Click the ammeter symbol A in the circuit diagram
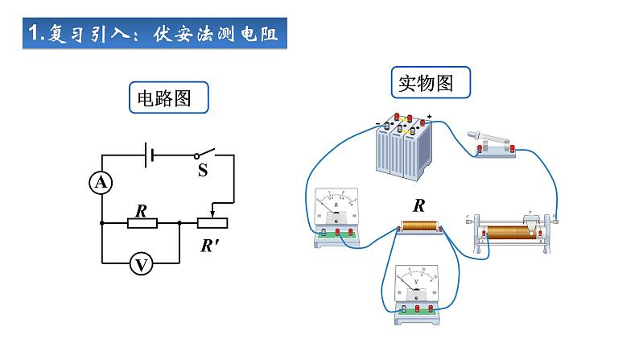[101, 184]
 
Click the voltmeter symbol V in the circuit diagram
[142, 263]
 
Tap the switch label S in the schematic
[203, 171]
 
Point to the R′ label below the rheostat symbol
[211, 246]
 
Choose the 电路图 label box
[168, 99]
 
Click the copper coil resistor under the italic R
[419, 229]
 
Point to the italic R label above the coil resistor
[418, 205]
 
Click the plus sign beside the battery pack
[430, 118]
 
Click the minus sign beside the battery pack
[377, 123]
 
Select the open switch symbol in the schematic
[206, 154]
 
